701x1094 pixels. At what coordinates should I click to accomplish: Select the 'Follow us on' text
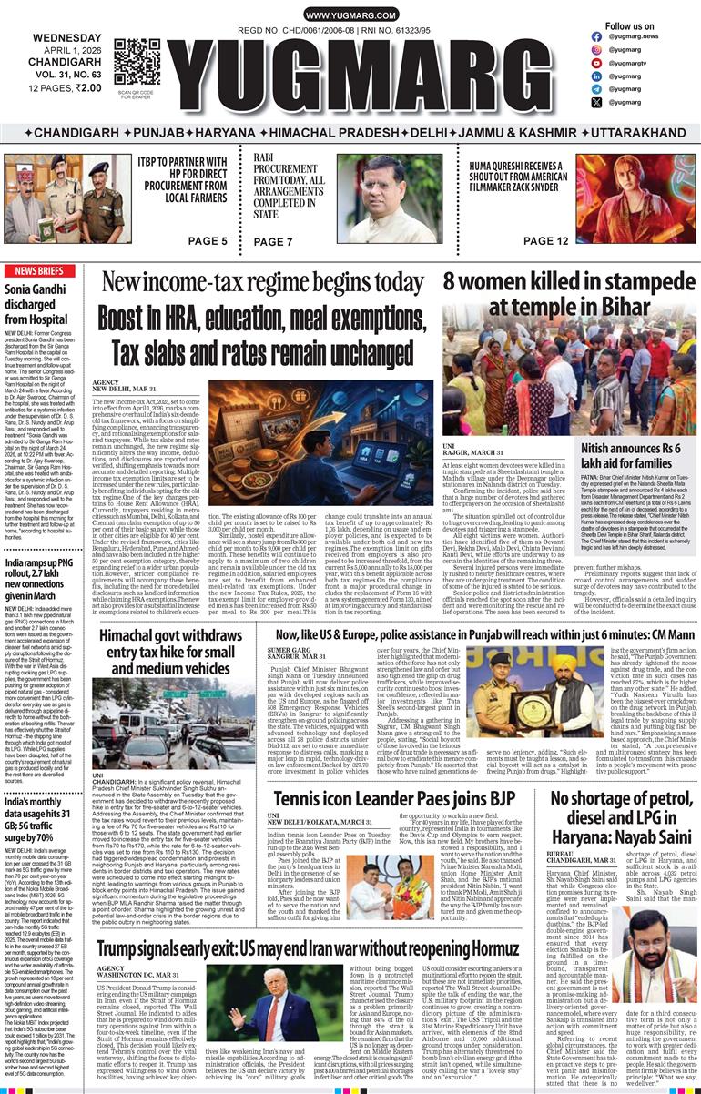(629, 26)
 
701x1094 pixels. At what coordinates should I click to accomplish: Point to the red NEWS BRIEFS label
(39, 271)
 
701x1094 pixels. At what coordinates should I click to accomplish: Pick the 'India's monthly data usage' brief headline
(43, 822)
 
